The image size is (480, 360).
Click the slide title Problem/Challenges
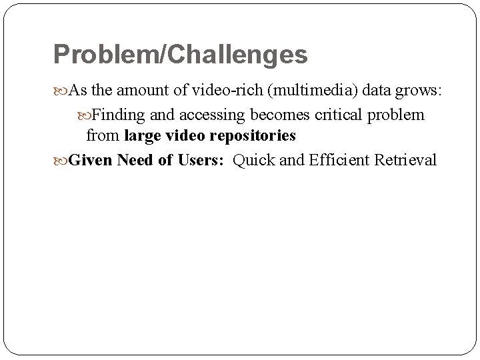180,55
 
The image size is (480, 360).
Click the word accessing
201,115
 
